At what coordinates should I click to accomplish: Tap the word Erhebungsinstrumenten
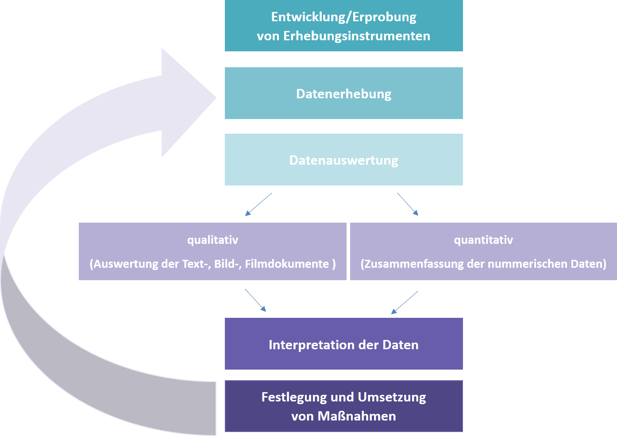tap(356, 36)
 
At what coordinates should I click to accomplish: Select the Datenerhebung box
tap(343, 93)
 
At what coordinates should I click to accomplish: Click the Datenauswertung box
tap(343, 160)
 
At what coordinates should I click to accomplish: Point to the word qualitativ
tap(212, 240)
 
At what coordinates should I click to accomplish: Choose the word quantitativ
tap(483, 240)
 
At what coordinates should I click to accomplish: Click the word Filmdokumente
tap(287, 264)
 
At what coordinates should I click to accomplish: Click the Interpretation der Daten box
tap(343, 344)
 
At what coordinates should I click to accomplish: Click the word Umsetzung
tap(391, 397)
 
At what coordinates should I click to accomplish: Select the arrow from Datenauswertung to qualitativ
tap(258, 204)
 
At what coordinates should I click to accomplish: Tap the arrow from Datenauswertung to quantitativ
tap(408, 204)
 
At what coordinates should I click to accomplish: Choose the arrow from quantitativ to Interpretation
tap(405, 302)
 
